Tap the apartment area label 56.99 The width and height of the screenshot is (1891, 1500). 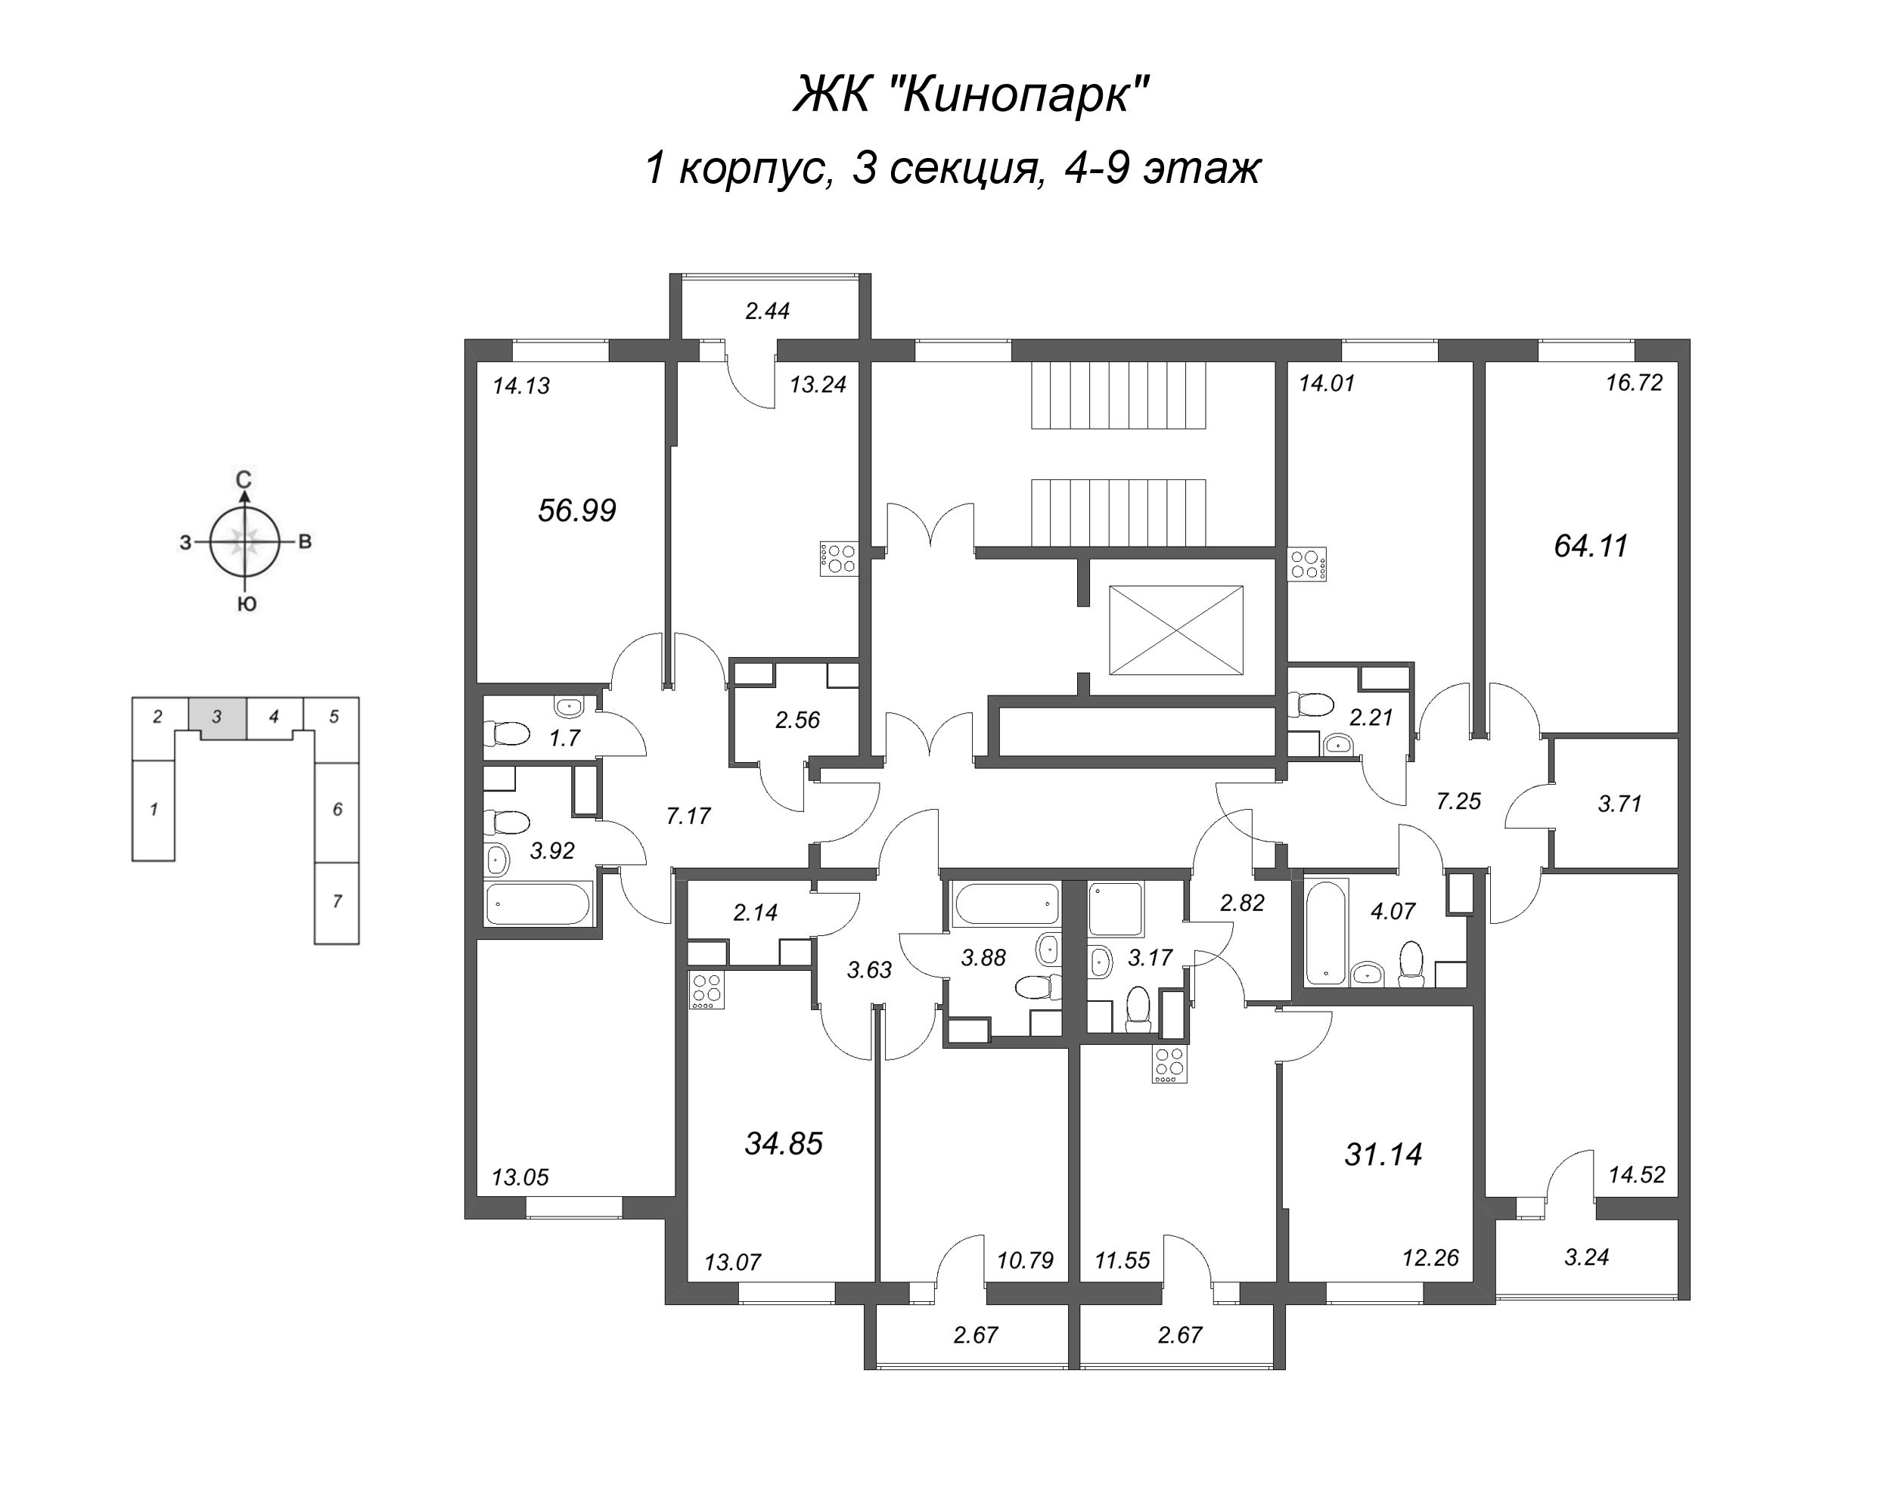576,510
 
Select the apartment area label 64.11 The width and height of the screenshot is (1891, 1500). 1590,546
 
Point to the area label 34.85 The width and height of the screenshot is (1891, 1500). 783,1143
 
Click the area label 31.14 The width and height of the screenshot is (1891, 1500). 1383,1154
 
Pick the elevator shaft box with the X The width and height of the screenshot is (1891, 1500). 1175,631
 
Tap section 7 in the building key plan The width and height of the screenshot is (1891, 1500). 337,902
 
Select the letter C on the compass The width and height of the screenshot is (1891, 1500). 245,479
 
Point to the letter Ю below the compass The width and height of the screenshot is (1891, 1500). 247,604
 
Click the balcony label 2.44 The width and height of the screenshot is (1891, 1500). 768,311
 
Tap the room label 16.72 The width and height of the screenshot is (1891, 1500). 1634,383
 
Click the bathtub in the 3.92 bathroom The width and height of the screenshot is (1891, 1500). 539,903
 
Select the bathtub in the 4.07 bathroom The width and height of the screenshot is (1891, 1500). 1324,933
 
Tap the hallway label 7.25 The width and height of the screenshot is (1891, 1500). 1458,801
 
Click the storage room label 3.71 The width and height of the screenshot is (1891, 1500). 1619,803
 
